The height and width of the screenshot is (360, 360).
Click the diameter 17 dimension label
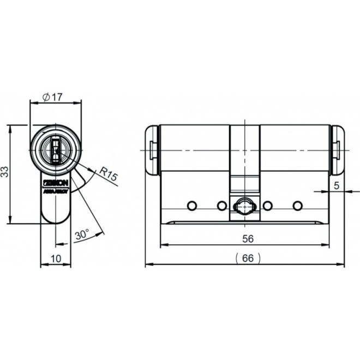pos(53,97)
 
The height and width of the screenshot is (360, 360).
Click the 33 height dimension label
pos(5,172)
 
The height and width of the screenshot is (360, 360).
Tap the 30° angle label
pos(81,236)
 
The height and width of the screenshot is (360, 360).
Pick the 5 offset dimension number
pos(336,185)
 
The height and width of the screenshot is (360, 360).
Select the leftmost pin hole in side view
pos(191,205)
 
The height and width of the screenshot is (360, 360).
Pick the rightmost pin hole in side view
pos(297,205)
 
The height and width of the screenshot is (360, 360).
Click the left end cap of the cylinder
pos(152,149)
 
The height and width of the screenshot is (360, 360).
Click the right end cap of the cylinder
pos(337,149)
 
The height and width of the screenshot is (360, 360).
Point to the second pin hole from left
pos(221,205)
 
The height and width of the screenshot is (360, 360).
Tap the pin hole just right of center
pos(267,205)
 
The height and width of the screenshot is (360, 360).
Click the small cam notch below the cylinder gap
pos(244,185)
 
